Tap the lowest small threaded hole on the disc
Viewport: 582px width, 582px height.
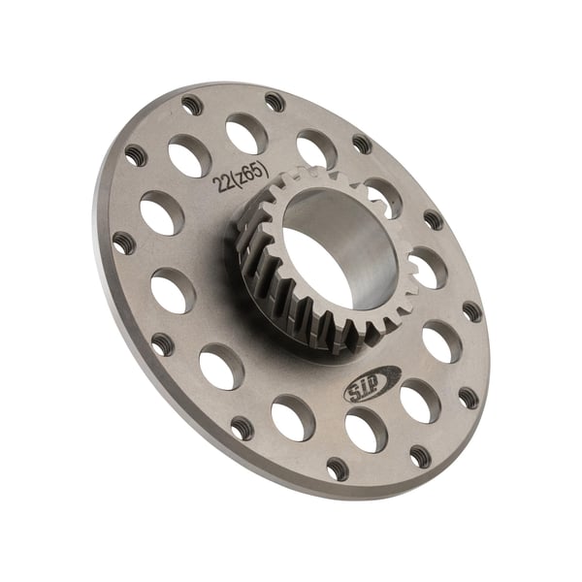click(336, 469)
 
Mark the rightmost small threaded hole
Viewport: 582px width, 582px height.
click(471, 311)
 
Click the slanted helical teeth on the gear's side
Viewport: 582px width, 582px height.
click(281, 291)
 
